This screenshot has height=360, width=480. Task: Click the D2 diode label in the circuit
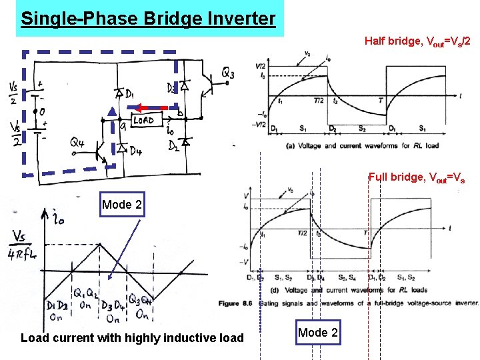coord(173,145)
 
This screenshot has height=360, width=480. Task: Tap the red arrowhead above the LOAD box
coord(139,107)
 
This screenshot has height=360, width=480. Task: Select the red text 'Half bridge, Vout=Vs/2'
coord(417,41)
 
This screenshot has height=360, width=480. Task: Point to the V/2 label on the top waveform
coord(261,65)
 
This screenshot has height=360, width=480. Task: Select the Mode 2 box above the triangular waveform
coord(122,205)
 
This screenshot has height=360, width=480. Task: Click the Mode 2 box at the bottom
coord(318,333)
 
